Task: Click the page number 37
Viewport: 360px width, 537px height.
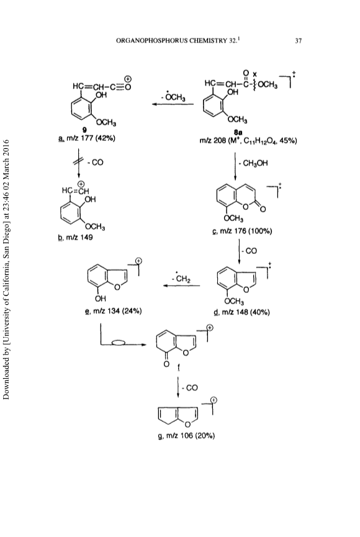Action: click(299, 41)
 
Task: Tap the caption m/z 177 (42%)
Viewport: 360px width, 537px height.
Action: click(87, 138)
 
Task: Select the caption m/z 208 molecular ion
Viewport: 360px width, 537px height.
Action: click(248, 140)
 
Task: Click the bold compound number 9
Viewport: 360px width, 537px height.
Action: click(84, 130)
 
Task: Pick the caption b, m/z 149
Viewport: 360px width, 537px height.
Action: click(75, 237)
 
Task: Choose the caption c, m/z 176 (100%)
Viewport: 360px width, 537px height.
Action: click(242, 231)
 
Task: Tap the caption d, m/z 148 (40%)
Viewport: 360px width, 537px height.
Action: click(241, 312)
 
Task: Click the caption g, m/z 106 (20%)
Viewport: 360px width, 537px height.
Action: click(186, 436)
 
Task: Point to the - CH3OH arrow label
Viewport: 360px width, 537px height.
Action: click(253, 163)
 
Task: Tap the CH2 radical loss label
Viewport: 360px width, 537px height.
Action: click(181, 278)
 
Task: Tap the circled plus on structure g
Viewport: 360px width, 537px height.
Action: click(214, 400)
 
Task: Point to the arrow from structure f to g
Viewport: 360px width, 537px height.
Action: click(178, 387)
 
